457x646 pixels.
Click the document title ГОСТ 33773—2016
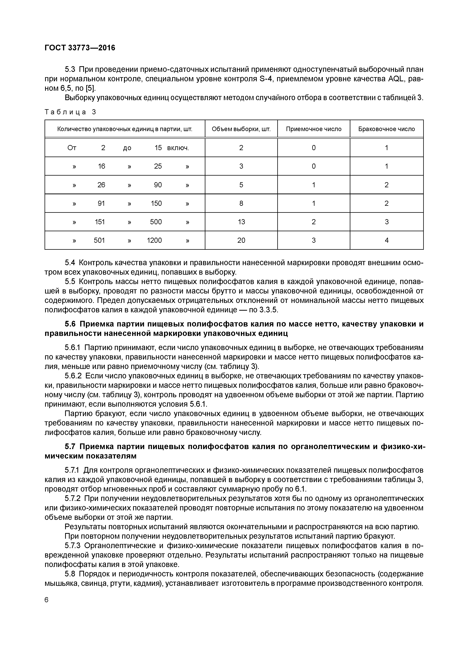(x=80, y=48)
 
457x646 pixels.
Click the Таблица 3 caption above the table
(x=70, y=112)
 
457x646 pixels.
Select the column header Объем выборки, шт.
(x=241, y=129)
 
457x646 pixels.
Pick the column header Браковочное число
(x=386, y=129)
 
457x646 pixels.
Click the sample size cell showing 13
(x=241, y=222)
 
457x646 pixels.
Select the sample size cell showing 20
(x=241, y=240)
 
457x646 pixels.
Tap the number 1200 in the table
(x=154, y=240)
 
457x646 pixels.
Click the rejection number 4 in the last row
(x=386, y=240)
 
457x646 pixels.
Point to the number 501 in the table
(x=99, y=240)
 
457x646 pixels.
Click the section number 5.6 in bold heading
(x=70, y=324)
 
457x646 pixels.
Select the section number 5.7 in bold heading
(x=70, y=446)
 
